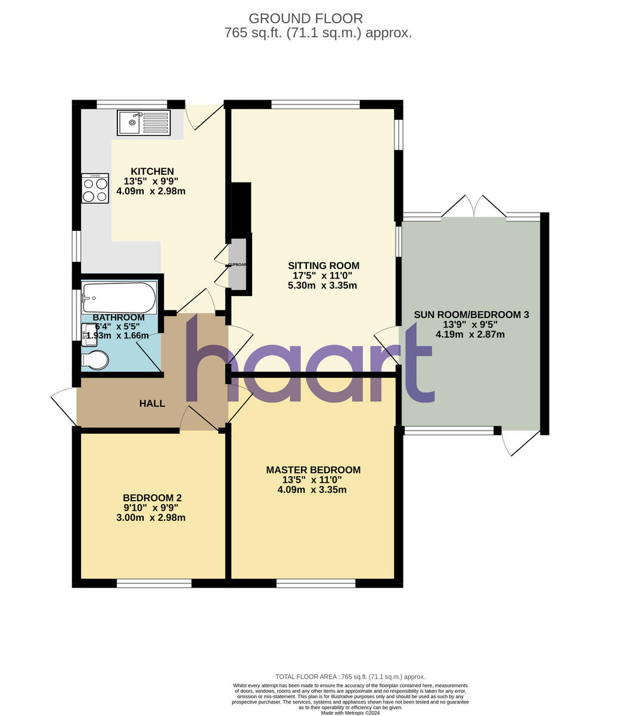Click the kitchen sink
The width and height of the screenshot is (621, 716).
coord(144,123)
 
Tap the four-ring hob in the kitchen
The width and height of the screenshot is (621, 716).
coord(95,189)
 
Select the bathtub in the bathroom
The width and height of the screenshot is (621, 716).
coord(119,297)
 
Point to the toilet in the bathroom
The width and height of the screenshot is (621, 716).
coord(95,360)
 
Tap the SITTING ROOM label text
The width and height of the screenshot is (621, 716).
coord(324,266)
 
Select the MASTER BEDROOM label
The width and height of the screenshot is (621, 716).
coord(313,470)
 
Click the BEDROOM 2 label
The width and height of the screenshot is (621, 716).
coord(152,498)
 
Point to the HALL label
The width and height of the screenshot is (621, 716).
coord(152,404)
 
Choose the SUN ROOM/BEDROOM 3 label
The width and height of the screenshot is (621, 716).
coord(471,314)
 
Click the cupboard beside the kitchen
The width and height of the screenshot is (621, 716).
coord(237,264)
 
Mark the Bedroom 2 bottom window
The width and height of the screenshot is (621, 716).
coord(154,584)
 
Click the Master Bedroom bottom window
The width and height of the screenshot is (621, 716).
coord(316,584)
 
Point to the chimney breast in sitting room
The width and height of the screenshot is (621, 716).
coord(241,207)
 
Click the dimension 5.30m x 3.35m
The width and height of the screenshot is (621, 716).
coord(322,286)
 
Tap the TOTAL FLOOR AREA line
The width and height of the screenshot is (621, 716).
coord(350,677)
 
